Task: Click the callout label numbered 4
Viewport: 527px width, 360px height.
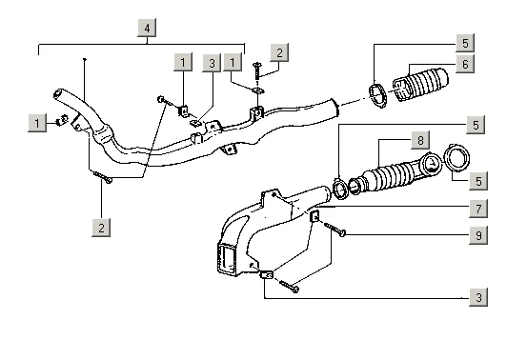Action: click(x=147, y=29)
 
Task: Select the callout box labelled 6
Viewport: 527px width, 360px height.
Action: click(x=465, y=64)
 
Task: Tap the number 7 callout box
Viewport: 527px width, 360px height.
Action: click(x=478, y=209)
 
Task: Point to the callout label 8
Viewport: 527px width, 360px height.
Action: click(x=420, y=140)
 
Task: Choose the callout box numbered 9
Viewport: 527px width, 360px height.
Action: click(x=478, y=235)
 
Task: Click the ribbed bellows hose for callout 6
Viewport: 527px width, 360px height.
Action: click(x=420, y=85)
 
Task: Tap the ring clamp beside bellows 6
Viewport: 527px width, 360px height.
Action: click(x=378, y=96)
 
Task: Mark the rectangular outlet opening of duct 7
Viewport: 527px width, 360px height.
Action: click(x=227, y=258)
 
